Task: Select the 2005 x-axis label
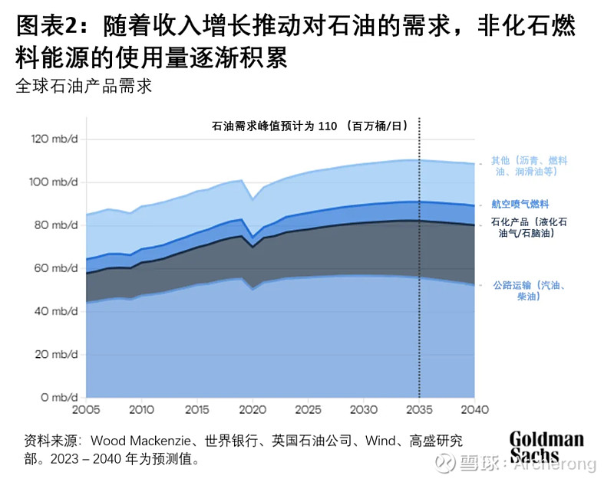coord(85,409)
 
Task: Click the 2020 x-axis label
coord(253,409)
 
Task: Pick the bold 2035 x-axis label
coord(419,409)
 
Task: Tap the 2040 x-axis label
coord(474,409)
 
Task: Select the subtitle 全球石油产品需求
coord(84,85)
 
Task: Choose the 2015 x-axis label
coord(196,409)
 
